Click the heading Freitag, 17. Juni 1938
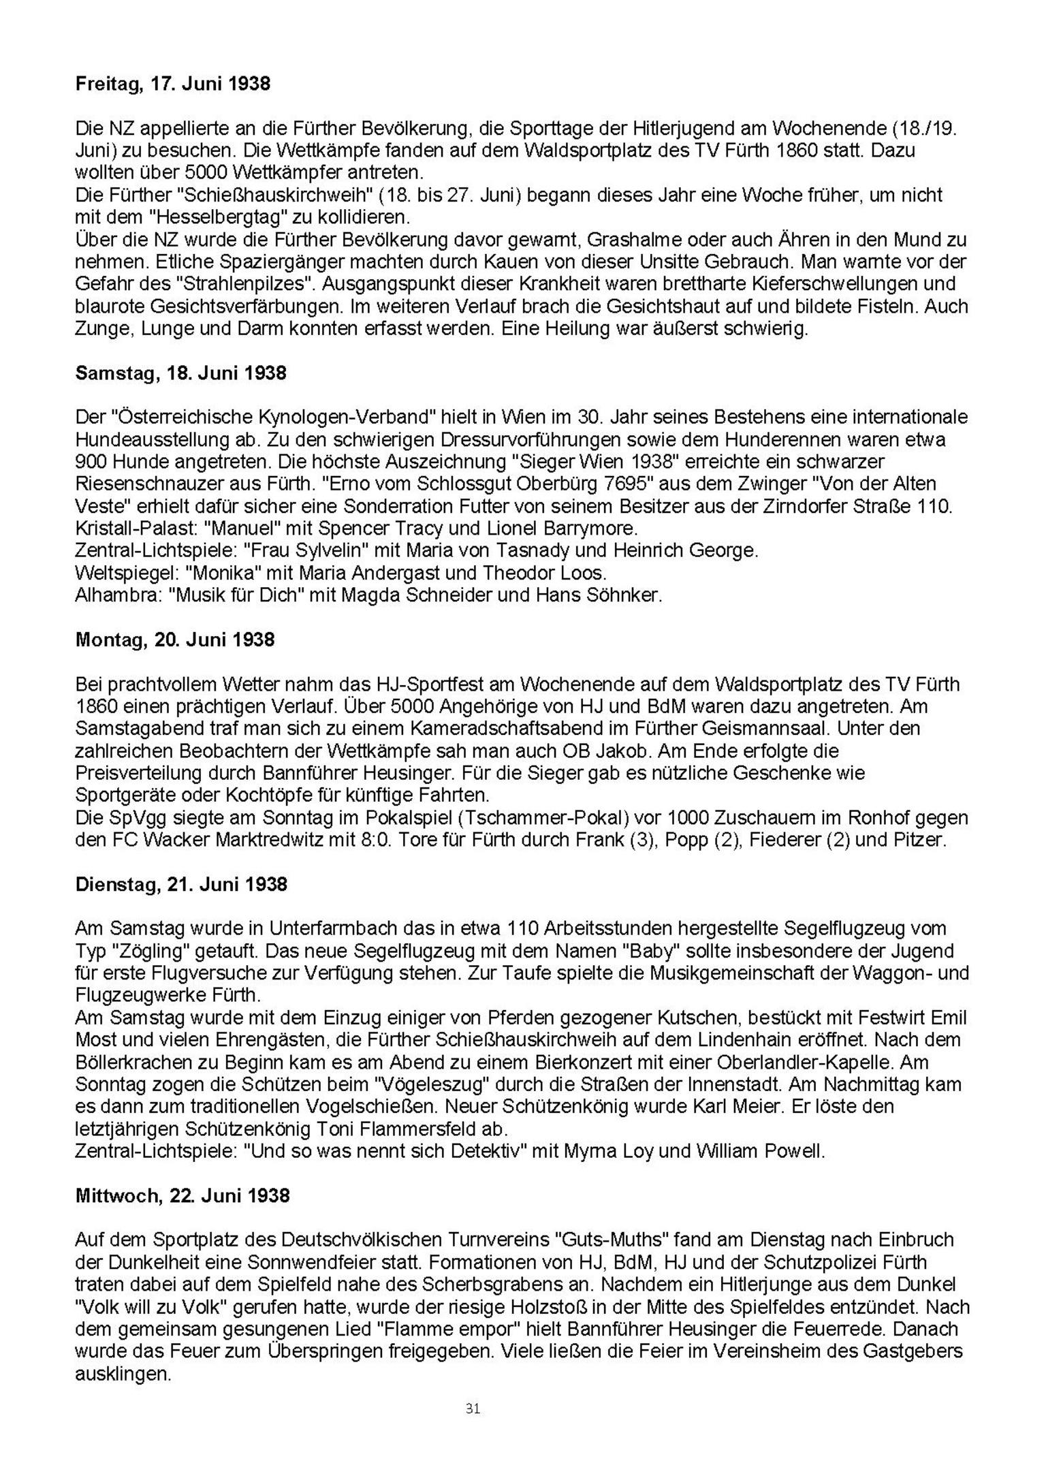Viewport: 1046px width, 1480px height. [172, 84]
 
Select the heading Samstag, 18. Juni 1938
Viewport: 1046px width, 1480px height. [180, 373]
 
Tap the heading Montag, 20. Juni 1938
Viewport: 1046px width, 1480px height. [175, 640]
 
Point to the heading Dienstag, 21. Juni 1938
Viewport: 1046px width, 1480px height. [181, 884]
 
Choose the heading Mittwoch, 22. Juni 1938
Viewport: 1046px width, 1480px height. [183, 1195]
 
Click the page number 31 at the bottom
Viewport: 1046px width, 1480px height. [473, 1408]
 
